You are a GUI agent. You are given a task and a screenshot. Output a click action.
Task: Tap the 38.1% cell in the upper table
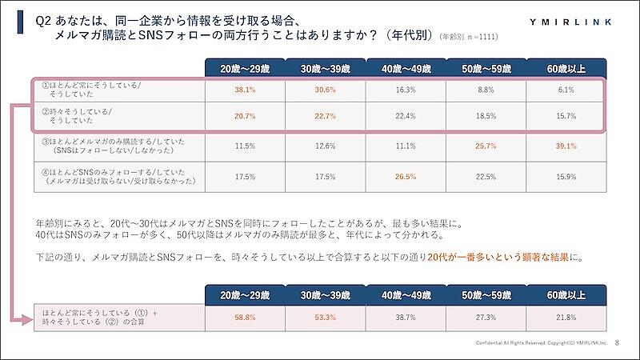244,90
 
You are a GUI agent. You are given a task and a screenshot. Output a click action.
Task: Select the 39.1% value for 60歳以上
564,146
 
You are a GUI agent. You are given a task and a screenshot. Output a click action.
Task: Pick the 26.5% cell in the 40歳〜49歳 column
404,177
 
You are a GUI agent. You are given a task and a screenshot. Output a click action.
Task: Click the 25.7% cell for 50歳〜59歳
484,146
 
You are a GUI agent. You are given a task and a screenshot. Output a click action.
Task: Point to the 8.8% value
484,90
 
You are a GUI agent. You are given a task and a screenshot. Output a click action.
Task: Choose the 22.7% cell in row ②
324,116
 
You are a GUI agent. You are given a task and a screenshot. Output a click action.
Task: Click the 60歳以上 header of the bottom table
564,294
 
